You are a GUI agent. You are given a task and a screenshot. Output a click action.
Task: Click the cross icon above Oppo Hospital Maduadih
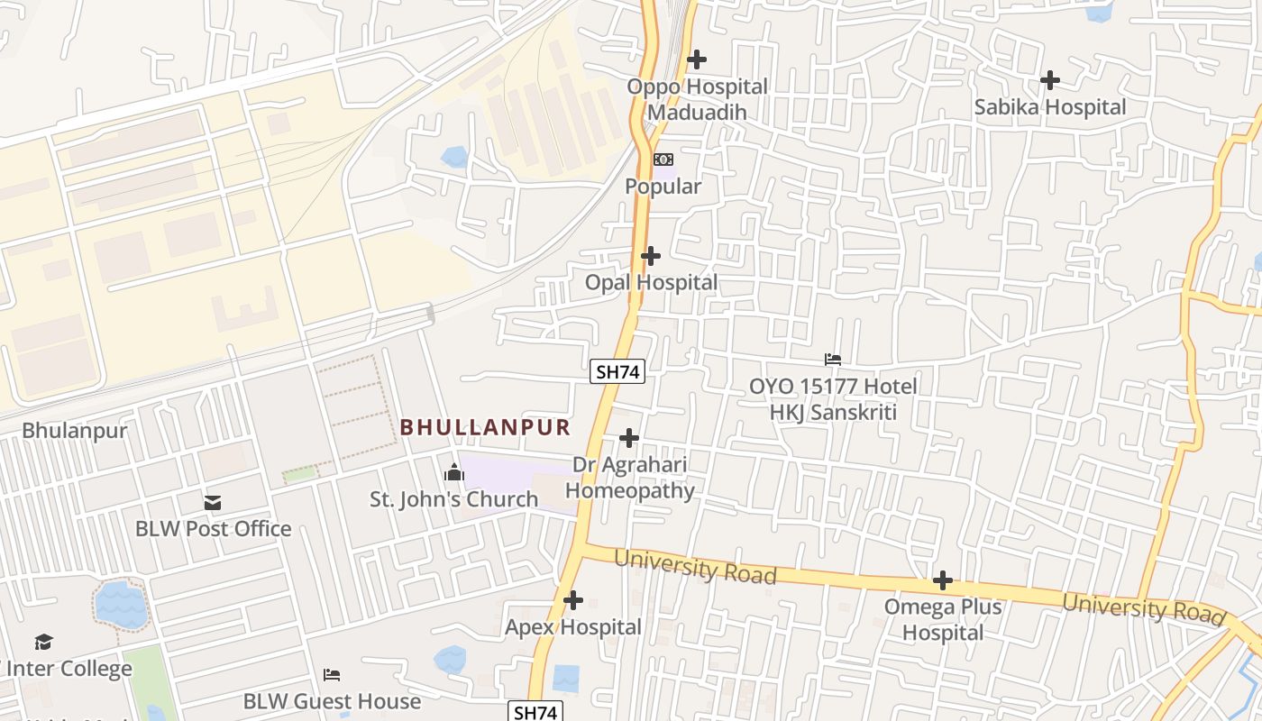(x=697, y=59)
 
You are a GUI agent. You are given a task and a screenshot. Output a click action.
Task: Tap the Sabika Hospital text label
(x=1050, y=107)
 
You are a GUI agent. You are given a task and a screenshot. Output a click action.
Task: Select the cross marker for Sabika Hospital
(x=1050, y=80)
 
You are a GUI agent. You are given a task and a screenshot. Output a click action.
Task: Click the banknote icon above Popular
(x=663, y=160)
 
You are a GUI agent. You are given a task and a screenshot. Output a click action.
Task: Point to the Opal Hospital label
(x=651, y=283)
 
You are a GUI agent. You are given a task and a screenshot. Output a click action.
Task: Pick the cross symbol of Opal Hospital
(x=651, y=256)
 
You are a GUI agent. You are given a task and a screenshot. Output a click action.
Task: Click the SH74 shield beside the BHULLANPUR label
(x=617, y=370)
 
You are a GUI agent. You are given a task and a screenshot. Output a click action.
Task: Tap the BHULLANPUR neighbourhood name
(x=485, y=427)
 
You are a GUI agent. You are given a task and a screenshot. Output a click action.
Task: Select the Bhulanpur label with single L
(x=75, y=431)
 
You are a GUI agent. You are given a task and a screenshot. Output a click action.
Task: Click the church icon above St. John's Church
(x=454, y=472)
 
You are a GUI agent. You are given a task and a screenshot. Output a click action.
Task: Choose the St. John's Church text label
(x=454, y=499)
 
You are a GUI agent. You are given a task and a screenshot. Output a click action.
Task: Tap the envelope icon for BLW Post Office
(x=213, y=503)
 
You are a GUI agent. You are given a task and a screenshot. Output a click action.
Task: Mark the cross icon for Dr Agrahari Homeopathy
(x=629, y=438)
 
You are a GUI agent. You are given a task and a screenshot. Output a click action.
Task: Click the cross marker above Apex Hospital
(x=573, y=600)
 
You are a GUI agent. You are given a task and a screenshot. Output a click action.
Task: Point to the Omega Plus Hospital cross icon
(x=943, y=580)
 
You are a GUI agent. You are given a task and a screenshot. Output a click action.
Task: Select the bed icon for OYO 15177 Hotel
(x=833, y=360)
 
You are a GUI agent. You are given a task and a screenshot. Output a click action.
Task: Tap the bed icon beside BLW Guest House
(x=332, y=674)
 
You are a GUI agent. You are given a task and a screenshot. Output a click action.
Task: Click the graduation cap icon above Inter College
(x=43, y=643)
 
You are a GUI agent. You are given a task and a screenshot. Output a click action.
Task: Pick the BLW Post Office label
(x=213, y=529)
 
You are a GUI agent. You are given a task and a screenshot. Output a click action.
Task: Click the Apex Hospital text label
(x=573, y=627)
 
